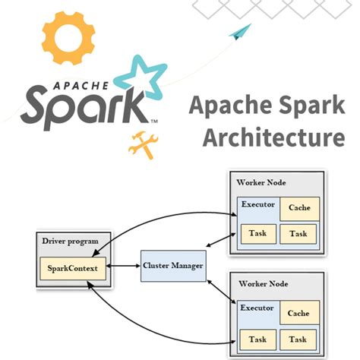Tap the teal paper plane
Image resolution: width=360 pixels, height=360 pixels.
(x=241, y=31)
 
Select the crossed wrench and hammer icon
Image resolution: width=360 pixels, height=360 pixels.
(x=142, y=144)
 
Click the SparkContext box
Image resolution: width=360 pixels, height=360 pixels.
(x=73, y=267)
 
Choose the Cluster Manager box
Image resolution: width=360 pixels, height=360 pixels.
(x=172, y=266)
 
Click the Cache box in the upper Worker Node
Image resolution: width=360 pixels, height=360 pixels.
(x=298, y=208)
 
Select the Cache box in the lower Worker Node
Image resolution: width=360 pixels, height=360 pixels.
(x=298, y=312)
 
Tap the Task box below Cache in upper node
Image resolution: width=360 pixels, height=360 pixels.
(x=298, y=233)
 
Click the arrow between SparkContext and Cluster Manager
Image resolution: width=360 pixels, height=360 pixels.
(x=124, y=267)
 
